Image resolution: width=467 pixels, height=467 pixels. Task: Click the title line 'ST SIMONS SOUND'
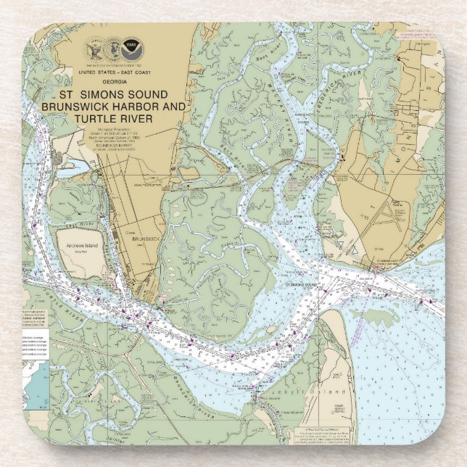113,95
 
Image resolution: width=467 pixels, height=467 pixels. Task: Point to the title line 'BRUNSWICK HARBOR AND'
113,107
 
